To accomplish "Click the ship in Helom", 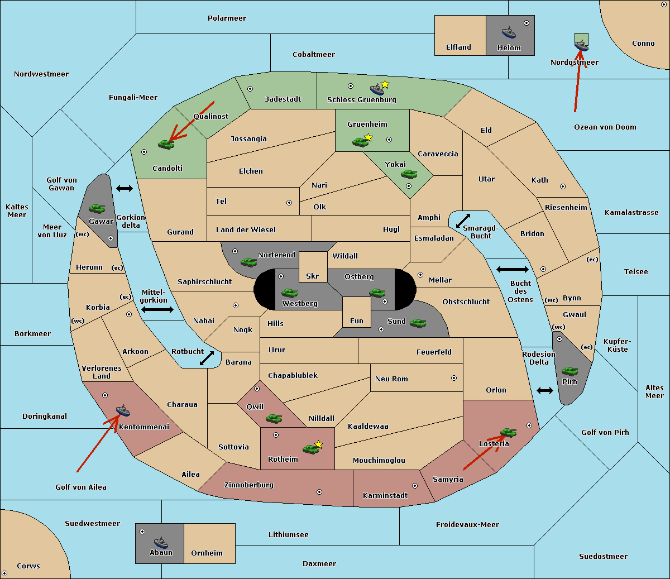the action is point(509,32).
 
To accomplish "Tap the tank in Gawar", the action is point(97,208).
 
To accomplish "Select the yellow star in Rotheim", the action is point(319,444).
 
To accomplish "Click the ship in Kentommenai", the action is point(123,410).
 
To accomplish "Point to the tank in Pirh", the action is point(569,371).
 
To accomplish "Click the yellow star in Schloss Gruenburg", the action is point(385,85).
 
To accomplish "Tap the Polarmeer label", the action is point(227,18).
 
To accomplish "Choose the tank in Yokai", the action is point(409,174).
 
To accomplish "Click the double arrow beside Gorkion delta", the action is point(125,188).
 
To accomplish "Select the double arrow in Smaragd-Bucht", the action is point(463,221).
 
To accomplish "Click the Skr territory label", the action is point(313,276).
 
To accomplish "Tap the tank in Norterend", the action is point(248,262).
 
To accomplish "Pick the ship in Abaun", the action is point(161,542).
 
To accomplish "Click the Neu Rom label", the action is point(391,379).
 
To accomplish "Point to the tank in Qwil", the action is point(274,418).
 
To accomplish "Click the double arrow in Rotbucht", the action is point(207,358).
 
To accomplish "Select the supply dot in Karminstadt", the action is point(415,486).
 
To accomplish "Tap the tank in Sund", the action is point(418,323).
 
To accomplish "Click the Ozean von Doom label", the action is point(605,127).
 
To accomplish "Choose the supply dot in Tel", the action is point(289,203).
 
